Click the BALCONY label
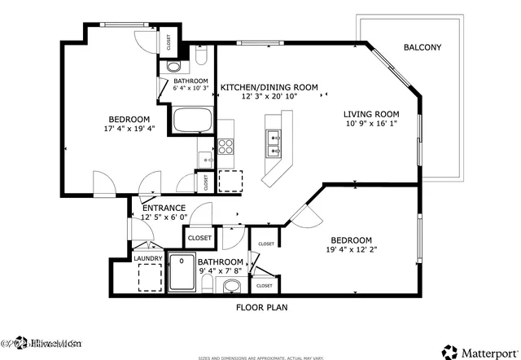tap(422, 47)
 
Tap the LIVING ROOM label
tap(370, 114)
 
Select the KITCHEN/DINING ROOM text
tap(269, 86)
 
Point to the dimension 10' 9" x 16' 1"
tap(370, 124)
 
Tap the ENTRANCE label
tap(164, 208)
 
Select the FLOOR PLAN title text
tap(261, 308)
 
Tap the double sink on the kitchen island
tap(274, 144)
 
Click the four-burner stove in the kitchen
tap(225, 147)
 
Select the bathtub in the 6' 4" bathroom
tap(193, 121)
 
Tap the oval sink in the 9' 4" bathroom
tap(232, 286)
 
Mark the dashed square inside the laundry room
tap(148, 279)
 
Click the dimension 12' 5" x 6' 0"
tap(164, 217)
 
